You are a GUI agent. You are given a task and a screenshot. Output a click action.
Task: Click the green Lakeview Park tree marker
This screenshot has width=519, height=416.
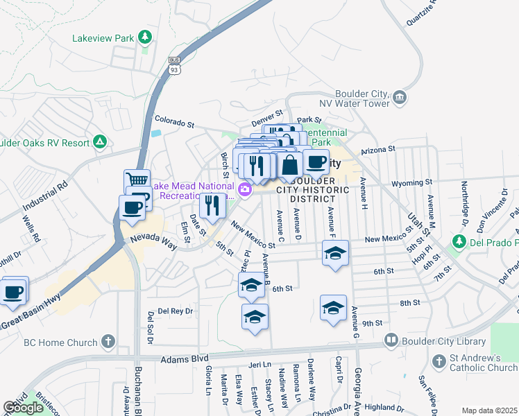point(145,37)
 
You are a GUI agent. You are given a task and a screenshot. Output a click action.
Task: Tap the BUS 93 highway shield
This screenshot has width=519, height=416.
point(174,66)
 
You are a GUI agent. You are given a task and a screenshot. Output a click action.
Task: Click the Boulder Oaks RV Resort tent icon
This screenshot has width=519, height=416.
point(101,142)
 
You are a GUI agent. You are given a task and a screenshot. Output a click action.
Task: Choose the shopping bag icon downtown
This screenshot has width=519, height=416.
point(290,165)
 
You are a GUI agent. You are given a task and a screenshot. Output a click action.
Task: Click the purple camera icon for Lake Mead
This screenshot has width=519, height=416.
point(244,189)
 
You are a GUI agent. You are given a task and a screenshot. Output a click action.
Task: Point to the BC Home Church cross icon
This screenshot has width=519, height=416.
point(107,341)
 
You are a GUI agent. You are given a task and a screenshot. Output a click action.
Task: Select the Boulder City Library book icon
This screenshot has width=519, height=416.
point(391,341)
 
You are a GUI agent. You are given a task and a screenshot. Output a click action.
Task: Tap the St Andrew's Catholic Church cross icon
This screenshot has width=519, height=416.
point(439,361)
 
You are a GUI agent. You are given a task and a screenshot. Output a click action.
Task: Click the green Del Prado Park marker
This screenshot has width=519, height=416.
point(458,242)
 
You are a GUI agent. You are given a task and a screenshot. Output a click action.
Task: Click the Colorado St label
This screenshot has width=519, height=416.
point(173,123)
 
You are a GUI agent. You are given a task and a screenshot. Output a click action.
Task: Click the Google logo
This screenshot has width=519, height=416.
point(23,408)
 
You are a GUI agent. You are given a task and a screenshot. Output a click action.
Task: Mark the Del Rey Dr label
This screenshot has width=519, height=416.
point(175,311)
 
